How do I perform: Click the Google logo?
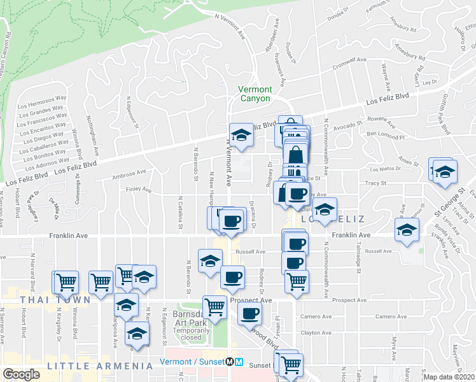coord(22,374)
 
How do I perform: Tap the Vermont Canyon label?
coord(255,94)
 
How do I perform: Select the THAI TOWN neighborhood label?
coord(45,299)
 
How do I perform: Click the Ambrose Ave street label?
coord(129,174)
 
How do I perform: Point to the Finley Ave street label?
coord(139,190)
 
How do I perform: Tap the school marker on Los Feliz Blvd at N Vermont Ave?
coord(241,134)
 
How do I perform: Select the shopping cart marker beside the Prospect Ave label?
coord(215,307)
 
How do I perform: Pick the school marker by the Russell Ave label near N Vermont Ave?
coord(209,260)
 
